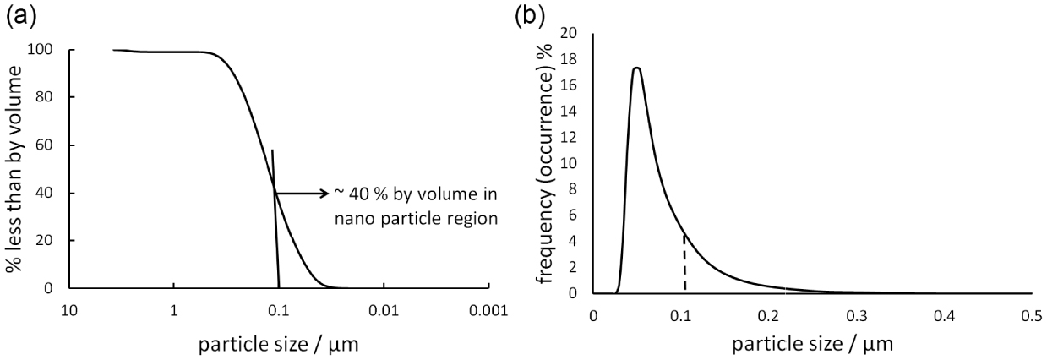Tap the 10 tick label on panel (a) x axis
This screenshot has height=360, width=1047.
pos(69,310)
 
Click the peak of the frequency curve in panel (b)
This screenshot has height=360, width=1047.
pos(636,68)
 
